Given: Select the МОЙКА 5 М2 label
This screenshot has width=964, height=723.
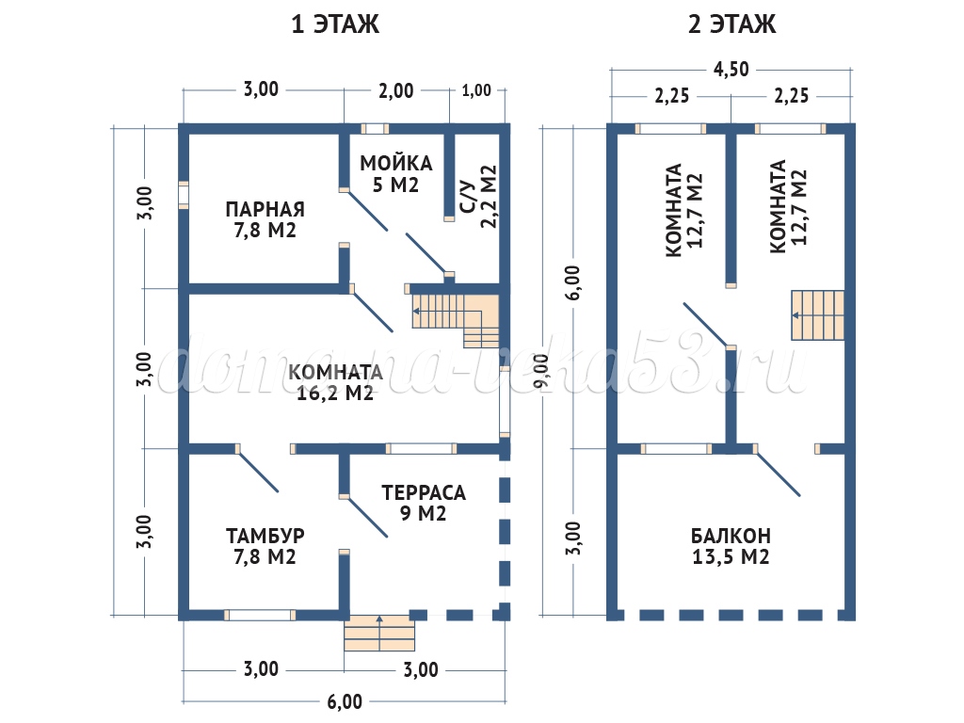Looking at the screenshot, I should coord(395,173).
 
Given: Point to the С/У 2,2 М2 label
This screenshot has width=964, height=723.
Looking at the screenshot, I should coord(477,198).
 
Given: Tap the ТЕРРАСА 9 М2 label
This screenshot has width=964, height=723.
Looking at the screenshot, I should coord(424,503).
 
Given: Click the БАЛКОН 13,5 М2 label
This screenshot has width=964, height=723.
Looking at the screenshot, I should coord(731,546).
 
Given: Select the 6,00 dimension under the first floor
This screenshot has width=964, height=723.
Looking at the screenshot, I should coord(345,701).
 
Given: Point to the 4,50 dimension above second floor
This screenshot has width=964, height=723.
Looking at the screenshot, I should coord(731,69).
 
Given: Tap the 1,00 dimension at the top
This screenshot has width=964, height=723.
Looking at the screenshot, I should coord(477,91).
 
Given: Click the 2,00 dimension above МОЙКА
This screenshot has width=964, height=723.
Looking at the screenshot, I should coord(395,91).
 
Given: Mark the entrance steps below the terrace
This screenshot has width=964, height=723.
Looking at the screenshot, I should coord(379,634).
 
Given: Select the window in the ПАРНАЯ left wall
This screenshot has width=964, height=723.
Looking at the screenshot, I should coord(184,194).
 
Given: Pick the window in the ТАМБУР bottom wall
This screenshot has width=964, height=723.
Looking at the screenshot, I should coord(260,615).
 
